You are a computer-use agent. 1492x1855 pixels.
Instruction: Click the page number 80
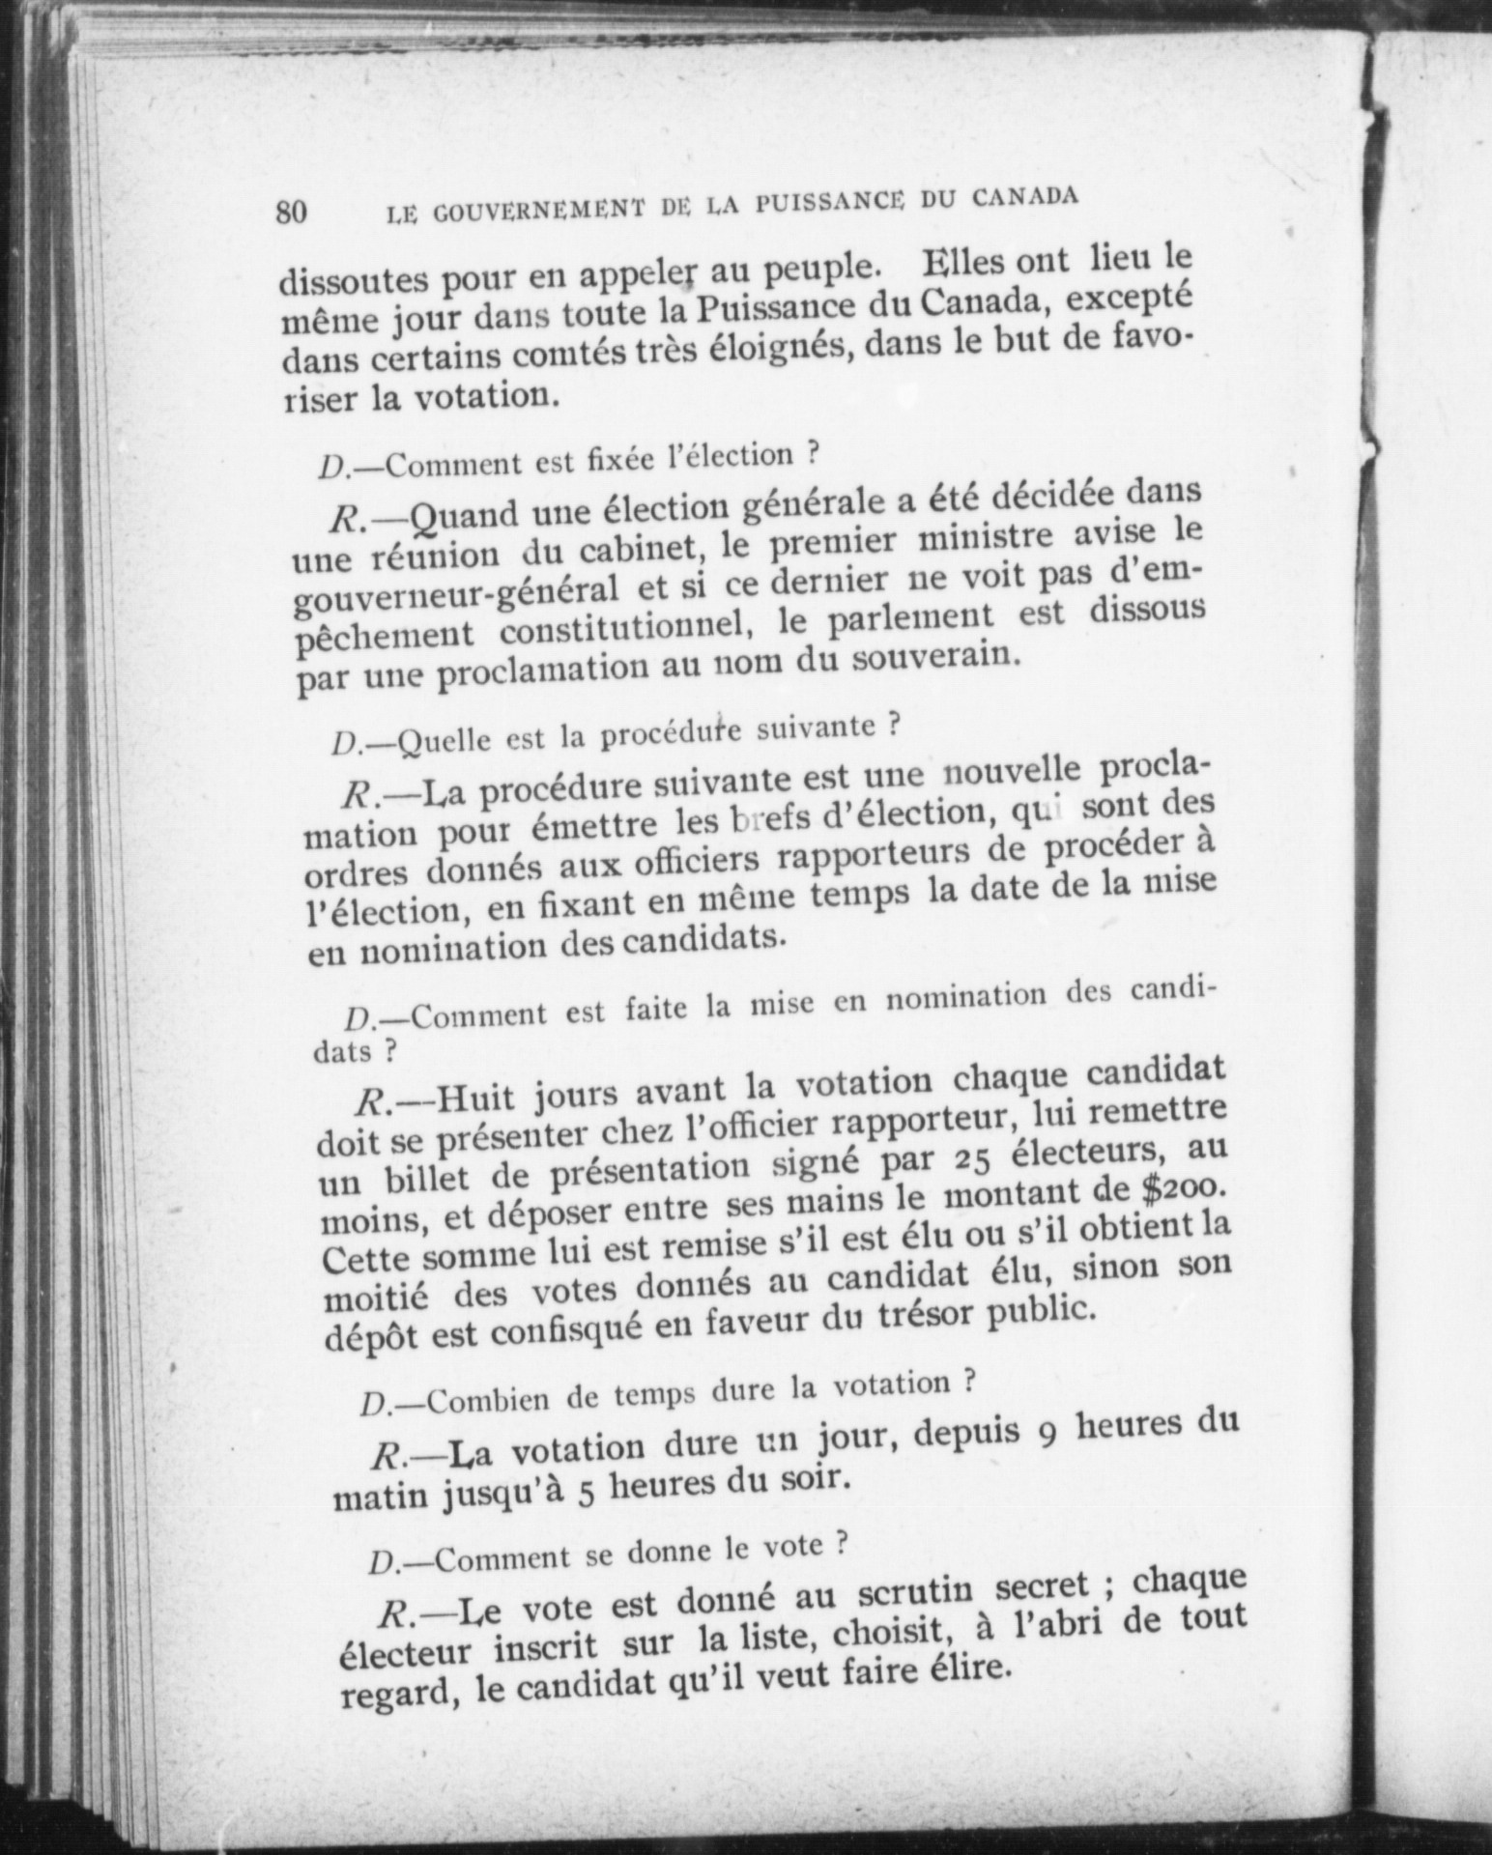coord(291,212)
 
